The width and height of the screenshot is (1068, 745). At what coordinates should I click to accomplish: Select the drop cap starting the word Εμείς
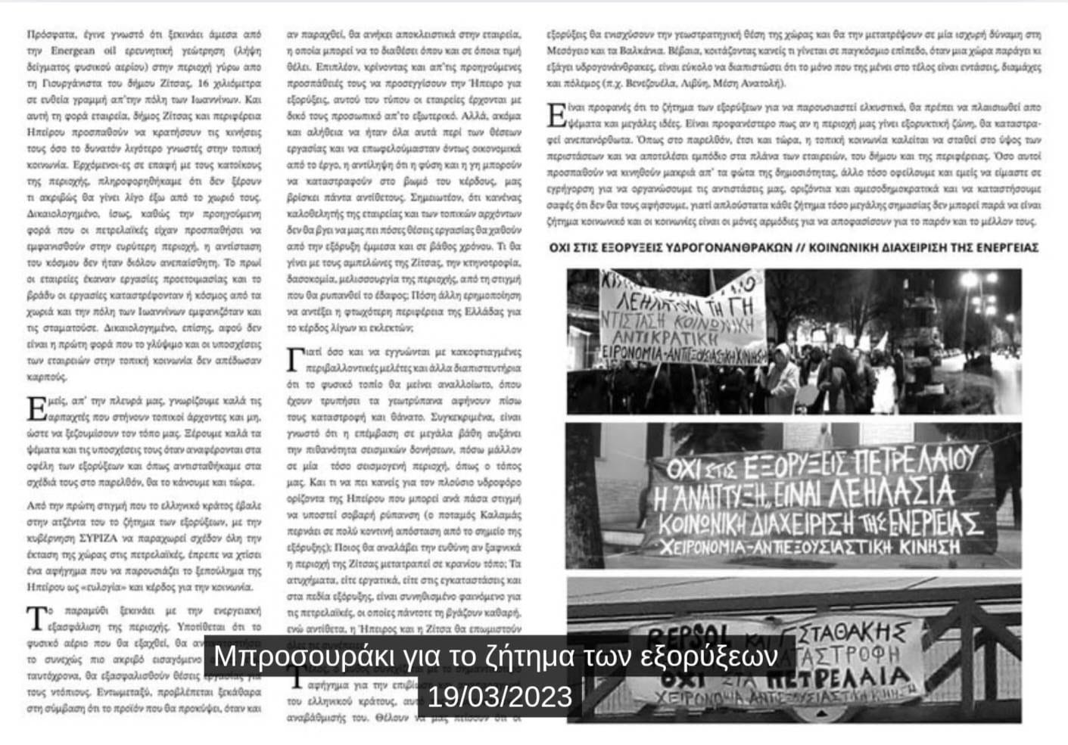point(35,408)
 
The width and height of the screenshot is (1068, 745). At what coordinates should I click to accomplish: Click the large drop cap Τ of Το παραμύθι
point(35,618)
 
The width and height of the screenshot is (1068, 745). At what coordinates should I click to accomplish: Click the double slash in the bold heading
point(801,247)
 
